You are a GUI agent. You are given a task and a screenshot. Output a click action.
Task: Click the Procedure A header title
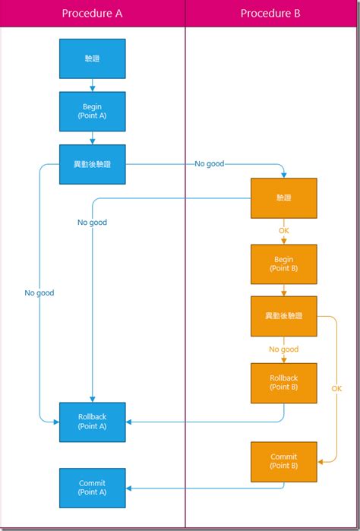click(x=92, y=14)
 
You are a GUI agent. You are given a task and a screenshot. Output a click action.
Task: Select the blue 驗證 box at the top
click(x=92, y=58)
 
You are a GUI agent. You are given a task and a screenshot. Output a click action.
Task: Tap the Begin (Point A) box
click(x=92, y=112)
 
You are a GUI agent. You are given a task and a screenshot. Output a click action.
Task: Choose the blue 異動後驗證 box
click(x=92, y=164)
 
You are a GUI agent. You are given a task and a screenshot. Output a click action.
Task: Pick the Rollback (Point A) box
click(x=92, y=422)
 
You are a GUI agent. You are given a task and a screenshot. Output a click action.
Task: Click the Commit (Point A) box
click(x=92, y=488)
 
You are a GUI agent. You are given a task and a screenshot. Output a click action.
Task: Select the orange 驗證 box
click(x=283, y=198)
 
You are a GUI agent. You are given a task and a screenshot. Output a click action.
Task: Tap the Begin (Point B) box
click(x=283, y=264)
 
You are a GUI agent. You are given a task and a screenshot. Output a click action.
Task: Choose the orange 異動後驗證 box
click(x=283, y=316)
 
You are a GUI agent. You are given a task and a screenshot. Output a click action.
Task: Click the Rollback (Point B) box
click(x=283, y=382)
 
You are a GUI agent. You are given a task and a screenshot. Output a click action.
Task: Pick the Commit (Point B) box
click(x=283, y=462)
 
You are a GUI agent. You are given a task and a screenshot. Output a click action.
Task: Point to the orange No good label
click(x=283, y=349)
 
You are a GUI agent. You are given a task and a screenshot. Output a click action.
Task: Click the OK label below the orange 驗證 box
click(x=283, y=231)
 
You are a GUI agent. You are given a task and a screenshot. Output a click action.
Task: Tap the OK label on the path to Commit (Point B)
click(x=336, y=388)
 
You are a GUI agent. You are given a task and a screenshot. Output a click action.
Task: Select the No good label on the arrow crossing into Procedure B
click(x=209, y=163)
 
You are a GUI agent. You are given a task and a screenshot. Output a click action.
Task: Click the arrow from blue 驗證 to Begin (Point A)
click(x=92, y=85)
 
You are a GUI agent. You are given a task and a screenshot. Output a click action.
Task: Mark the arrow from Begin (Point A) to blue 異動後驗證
click(x=92, y=137)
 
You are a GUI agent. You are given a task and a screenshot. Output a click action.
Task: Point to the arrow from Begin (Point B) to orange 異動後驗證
click(x=283, y=290)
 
